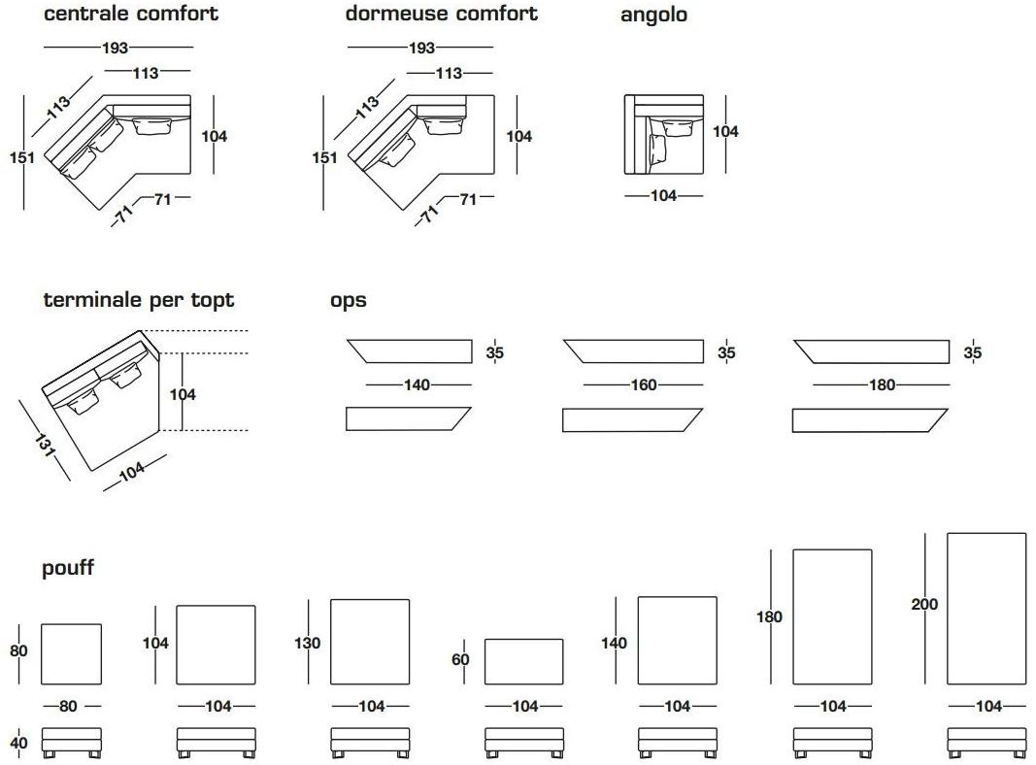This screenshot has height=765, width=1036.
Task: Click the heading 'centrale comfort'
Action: click(x=131, y=14)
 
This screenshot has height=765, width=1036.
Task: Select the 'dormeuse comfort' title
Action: click(x=441, y=14)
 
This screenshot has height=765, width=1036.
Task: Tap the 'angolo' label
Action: click(x=653, y=15)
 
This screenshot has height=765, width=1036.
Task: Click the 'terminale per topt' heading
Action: click(x=139, y=300)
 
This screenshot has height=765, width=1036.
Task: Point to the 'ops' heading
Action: click(x=348, y=300)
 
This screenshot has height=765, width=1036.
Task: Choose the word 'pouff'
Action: click(x=68, y=568)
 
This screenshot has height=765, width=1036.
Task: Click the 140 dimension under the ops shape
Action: click(x=418, y=385)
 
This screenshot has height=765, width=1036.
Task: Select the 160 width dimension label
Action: click(x=644, y=385)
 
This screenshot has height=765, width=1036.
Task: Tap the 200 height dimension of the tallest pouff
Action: click(x=924, y=604)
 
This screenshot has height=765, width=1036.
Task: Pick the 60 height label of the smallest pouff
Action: click(x=460, y=660)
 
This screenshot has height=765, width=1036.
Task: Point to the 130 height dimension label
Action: click(x=307, y=643)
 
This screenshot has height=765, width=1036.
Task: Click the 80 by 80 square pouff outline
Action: click(x=71, y=652)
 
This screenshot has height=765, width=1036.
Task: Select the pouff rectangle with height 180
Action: click(x=832, y=616)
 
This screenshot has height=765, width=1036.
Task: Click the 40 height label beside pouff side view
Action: click(x=19, y=744)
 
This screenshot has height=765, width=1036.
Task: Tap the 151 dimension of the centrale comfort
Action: click(x=22, y=157)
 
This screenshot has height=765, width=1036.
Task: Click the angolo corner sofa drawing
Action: click(x=663, y=135)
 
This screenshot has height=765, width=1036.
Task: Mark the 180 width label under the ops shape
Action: click(x=882, y=385)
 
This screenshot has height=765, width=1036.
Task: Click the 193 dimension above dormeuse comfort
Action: click(x=420, y=48)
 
